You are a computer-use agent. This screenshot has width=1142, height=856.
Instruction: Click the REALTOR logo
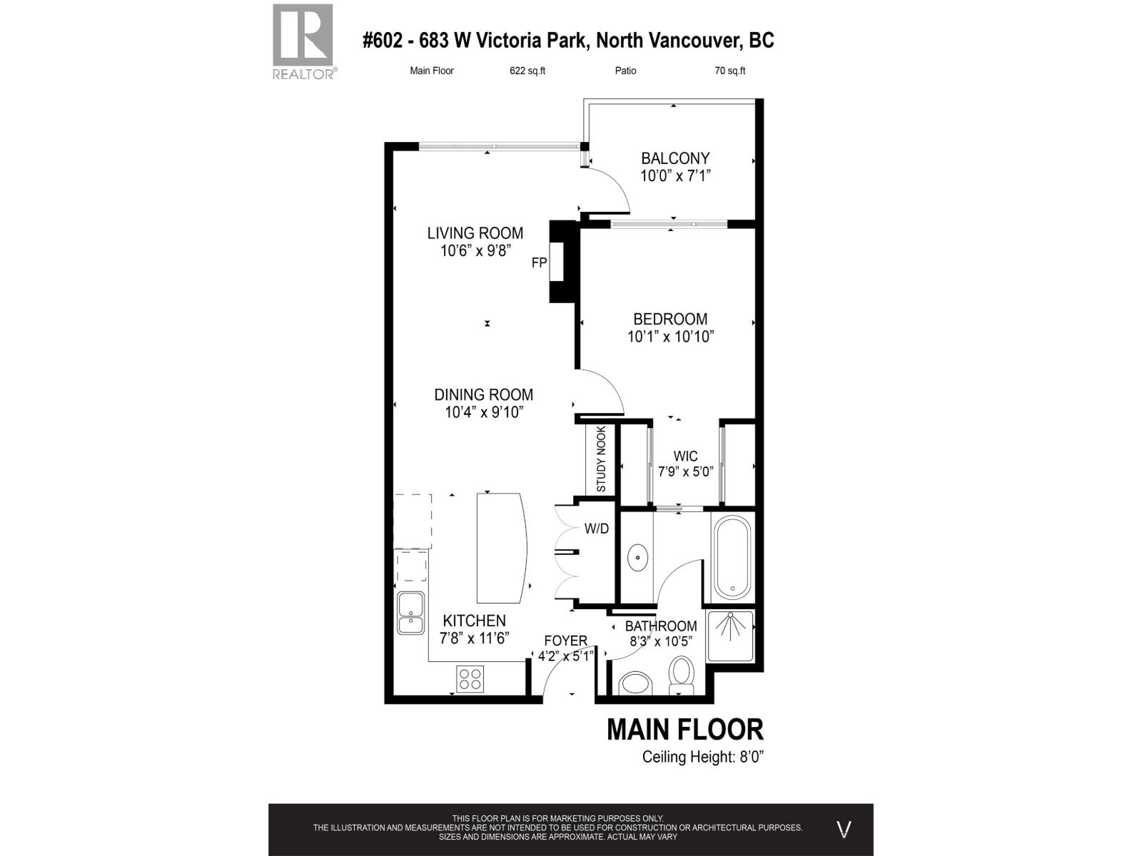303,41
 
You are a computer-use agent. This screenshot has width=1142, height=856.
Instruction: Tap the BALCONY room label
674,158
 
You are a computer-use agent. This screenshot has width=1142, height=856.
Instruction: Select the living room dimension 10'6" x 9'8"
476,250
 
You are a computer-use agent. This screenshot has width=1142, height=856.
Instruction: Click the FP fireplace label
539,263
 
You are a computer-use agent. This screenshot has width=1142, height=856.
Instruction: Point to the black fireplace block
562,262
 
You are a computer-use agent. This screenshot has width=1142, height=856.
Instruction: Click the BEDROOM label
670,319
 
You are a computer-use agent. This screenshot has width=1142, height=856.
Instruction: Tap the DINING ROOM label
483,394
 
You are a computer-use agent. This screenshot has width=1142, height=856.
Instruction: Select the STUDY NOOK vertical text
601,459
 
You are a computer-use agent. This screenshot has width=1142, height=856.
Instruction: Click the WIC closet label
685,456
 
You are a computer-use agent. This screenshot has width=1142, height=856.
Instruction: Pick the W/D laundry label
597,529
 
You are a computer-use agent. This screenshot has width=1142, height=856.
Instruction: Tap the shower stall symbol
730,634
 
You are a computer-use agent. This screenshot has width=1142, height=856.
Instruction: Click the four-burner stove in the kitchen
470,678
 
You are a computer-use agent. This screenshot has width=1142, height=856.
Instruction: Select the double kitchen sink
411,613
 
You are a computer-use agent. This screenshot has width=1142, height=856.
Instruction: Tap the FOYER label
565,641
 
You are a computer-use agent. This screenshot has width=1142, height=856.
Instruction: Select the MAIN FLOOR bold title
684,729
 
